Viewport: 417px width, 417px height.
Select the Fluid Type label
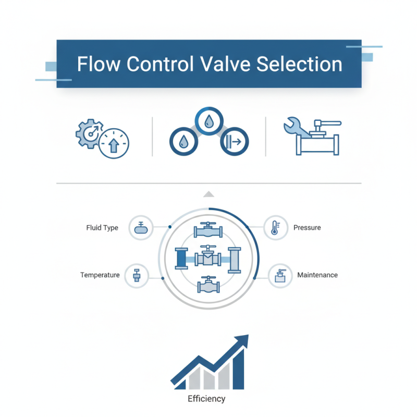tap(102, 228)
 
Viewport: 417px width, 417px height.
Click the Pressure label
tap(307, 228)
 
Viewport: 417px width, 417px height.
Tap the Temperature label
tap(100, 275)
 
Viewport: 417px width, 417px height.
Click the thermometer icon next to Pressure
tap(276, 228)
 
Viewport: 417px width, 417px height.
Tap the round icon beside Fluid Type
tap(141, 228)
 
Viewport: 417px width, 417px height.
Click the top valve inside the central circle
tap(208, 230)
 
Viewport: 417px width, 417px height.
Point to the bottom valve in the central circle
tap(208, 286)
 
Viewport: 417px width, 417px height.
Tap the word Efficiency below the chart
tap(206, 399)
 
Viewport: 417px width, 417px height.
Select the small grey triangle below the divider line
tap(208, 194)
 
